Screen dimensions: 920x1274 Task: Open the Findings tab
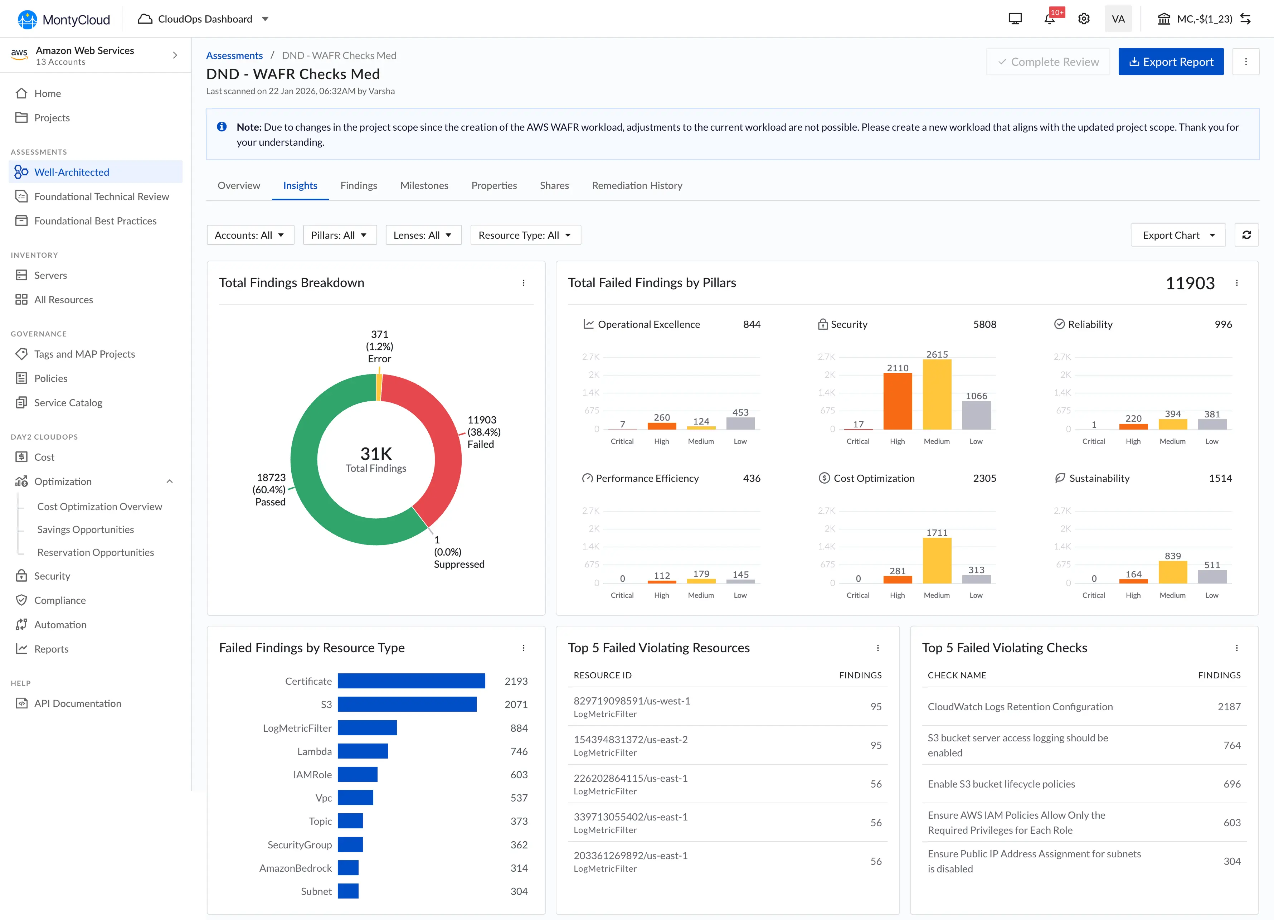358,185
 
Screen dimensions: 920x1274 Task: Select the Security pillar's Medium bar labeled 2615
937,394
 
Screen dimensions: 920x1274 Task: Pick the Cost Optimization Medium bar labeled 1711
937,560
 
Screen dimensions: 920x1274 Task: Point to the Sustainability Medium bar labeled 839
1172,572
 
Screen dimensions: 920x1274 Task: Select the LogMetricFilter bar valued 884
367,728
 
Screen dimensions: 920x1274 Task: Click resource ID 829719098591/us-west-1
631,701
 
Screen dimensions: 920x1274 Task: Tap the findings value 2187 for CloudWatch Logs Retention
1229,706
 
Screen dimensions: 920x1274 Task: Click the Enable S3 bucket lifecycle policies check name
1001,784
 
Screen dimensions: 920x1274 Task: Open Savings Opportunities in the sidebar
86,529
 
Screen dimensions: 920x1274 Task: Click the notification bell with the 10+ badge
1049,19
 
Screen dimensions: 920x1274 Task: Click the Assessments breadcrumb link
234,55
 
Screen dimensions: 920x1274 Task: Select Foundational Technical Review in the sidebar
101,196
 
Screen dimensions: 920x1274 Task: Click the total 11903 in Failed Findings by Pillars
1190,283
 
